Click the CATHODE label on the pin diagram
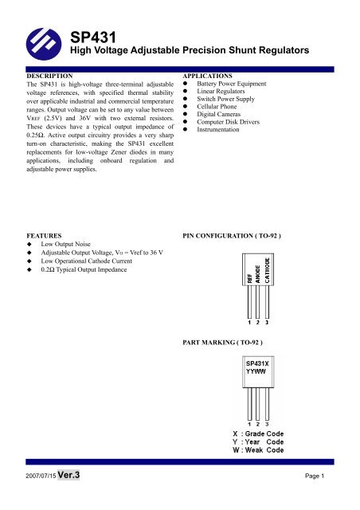point(267,270)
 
